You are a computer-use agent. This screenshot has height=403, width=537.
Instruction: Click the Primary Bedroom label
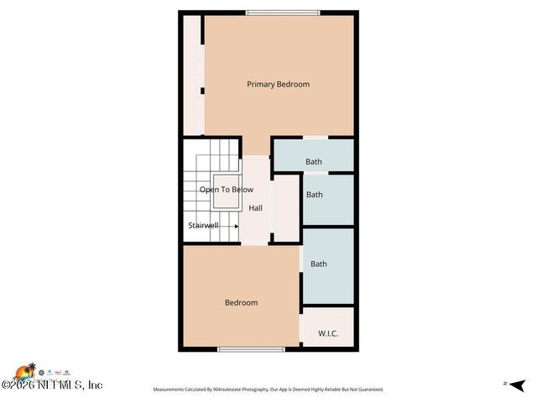pos(278,84)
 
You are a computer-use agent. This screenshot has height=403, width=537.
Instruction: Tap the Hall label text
pos(255,208)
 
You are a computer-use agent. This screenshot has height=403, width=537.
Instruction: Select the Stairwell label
pos(204,225)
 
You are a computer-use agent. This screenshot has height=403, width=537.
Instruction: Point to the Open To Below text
pos(226,190)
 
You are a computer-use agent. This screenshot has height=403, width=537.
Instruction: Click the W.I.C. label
pos(327,333)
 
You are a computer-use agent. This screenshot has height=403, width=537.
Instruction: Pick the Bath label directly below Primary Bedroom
pos(313,162)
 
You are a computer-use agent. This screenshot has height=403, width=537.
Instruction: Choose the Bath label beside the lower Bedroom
pos(319,264)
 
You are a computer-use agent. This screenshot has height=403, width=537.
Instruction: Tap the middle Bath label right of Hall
pos(314,195)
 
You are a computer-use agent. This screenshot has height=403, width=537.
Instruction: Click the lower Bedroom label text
pos(241,302)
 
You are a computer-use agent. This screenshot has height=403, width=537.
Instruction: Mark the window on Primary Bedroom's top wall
pos(283,12)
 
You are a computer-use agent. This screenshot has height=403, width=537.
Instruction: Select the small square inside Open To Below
pos(226,191)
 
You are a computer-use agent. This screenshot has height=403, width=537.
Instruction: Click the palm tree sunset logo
pos(30,370)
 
